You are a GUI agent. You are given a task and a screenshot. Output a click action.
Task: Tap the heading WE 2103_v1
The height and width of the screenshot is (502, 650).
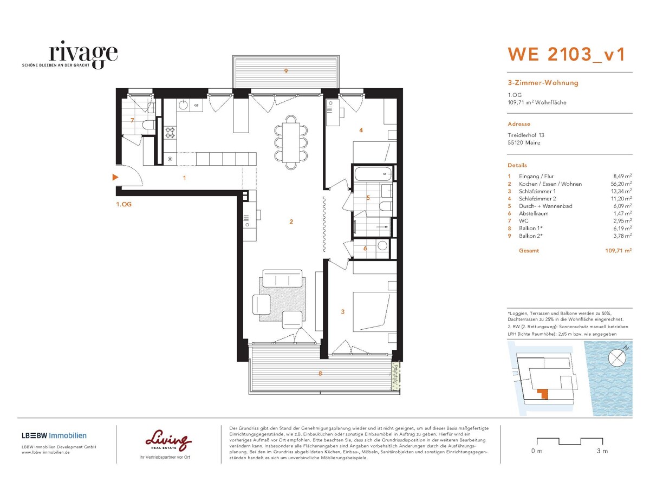[x=566, y=54]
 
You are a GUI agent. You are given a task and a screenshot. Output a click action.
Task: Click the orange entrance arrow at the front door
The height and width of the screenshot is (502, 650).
[x=114, y=177]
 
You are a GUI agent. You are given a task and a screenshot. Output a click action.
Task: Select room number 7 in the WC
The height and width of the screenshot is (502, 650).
[x=132, y=120]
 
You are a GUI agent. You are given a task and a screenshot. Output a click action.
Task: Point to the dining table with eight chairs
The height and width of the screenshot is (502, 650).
[x=291, y=142]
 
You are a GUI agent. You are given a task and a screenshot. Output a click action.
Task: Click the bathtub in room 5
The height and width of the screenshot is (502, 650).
[x=372, y=174]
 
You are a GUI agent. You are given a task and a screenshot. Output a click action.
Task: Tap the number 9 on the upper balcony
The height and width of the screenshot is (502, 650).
[x=286, y=71]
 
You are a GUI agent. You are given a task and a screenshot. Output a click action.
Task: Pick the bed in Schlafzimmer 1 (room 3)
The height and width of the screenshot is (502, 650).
[x=373, y=311]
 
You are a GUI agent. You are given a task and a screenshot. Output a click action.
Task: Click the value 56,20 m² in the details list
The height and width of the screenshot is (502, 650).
[x=619, y=184]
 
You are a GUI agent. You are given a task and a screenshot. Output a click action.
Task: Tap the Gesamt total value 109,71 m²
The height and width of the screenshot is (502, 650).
[x=618, y=251]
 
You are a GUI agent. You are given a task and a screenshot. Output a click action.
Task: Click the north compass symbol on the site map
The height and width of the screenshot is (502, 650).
[x=616, y=357]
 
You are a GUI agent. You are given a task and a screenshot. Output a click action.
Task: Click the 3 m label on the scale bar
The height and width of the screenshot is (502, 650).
[x=601, y=451]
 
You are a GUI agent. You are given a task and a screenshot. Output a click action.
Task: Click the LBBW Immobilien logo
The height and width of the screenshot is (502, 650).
[x=54, y=435]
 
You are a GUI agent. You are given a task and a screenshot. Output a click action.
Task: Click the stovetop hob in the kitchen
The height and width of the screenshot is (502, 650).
[x=170, y=132]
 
